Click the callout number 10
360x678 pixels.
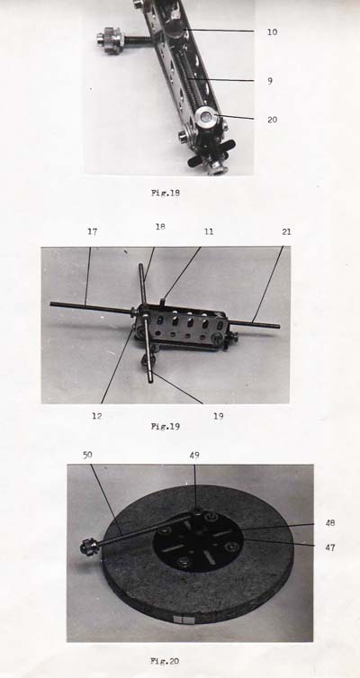272,32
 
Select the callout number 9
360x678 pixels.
270,81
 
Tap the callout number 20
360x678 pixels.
273,120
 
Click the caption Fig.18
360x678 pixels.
166,193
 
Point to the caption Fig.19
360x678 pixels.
166,427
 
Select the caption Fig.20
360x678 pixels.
165,660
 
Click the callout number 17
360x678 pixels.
92,231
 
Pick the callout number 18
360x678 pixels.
160,227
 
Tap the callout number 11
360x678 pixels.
209,231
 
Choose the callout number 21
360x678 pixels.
286,231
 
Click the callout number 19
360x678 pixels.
218,416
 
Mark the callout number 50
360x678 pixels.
87,455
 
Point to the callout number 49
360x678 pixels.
194,455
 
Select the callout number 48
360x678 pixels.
330,523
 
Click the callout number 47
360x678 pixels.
330,547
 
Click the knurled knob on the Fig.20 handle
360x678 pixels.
89,547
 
